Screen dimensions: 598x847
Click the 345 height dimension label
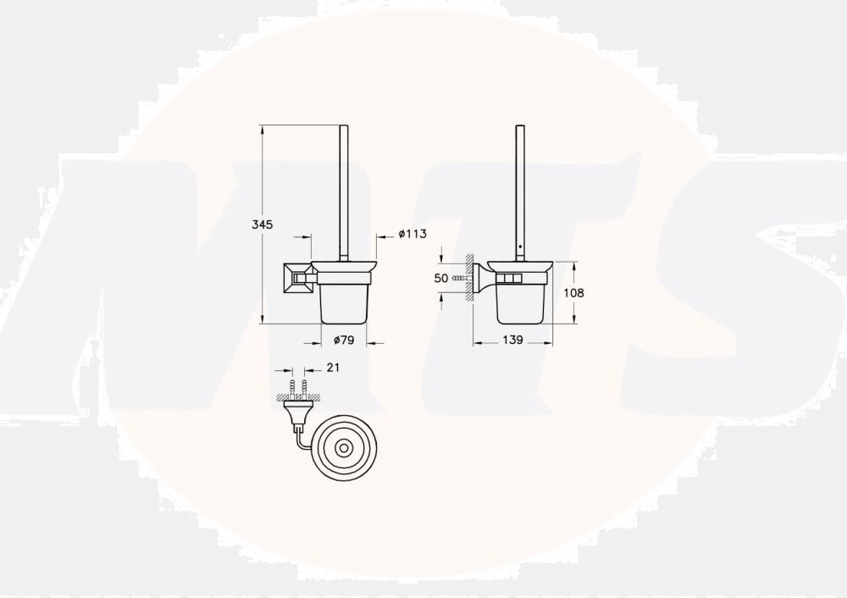tap(262, 224)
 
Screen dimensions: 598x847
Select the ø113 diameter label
tap(412, 235)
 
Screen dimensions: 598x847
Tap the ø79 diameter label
tap(343, 340)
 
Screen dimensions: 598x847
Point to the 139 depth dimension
tap(512, 339)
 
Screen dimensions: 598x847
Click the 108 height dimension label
tap(573, 292)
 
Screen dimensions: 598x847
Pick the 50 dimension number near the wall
tap(440, 278)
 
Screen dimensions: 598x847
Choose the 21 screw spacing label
tap(333, 367)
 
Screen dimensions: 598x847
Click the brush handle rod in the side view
tap(520, 186)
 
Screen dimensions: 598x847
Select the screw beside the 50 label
tap(460, 278)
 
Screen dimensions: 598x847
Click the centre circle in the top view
tap(344, 446)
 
